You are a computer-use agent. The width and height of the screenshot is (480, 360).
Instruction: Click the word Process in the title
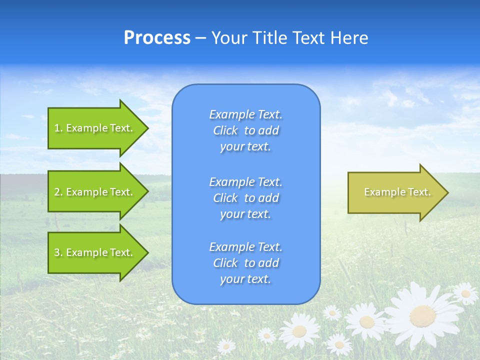coord(157,38)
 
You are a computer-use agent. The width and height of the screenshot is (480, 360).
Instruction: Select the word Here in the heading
coord(348,38)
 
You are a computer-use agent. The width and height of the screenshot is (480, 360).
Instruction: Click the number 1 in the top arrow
coord(57,128)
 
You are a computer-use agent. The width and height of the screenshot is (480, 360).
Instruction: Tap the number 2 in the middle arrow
coord(57,192)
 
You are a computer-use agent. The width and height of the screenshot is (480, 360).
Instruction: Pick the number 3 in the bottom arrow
coord(57,252)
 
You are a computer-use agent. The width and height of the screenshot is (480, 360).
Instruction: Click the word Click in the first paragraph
coord(225,130)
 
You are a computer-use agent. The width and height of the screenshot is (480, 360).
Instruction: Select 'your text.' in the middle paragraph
coord(245,214)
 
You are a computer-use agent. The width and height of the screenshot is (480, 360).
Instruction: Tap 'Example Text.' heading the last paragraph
coord(245,247)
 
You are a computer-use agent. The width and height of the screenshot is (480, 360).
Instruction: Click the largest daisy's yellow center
coord(422,315)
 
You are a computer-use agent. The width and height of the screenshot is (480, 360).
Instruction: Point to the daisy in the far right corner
coord(465,293)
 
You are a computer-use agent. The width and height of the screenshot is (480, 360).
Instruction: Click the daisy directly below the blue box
coord(299,330)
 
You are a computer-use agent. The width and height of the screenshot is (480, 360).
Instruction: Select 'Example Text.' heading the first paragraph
coord(245,114)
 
